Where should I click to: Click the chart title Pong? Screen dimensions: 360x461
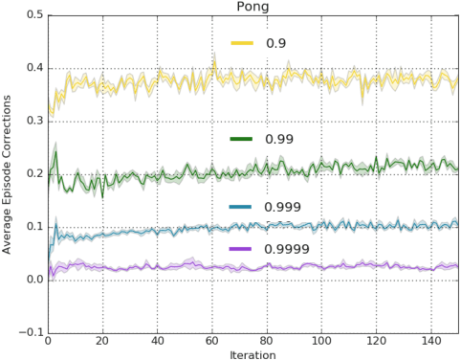(252, 7)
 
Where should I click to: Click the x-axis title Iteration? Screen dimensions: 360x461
(252, 353)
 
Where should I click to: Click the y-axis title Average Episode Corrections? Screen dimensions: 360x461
(8, 173)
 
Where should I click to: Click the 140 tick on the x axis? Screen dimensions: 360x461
(432, 341)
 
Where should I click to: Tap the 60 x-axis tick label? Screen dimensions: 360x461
(212, 341)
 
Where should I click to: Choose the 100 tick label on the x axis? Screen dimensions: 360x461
(322, 341)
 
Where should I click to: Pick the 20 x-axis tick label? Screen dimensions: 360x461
(102, 341)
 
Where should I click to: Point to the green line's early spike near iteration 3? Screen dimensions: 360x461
(55, 151)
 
